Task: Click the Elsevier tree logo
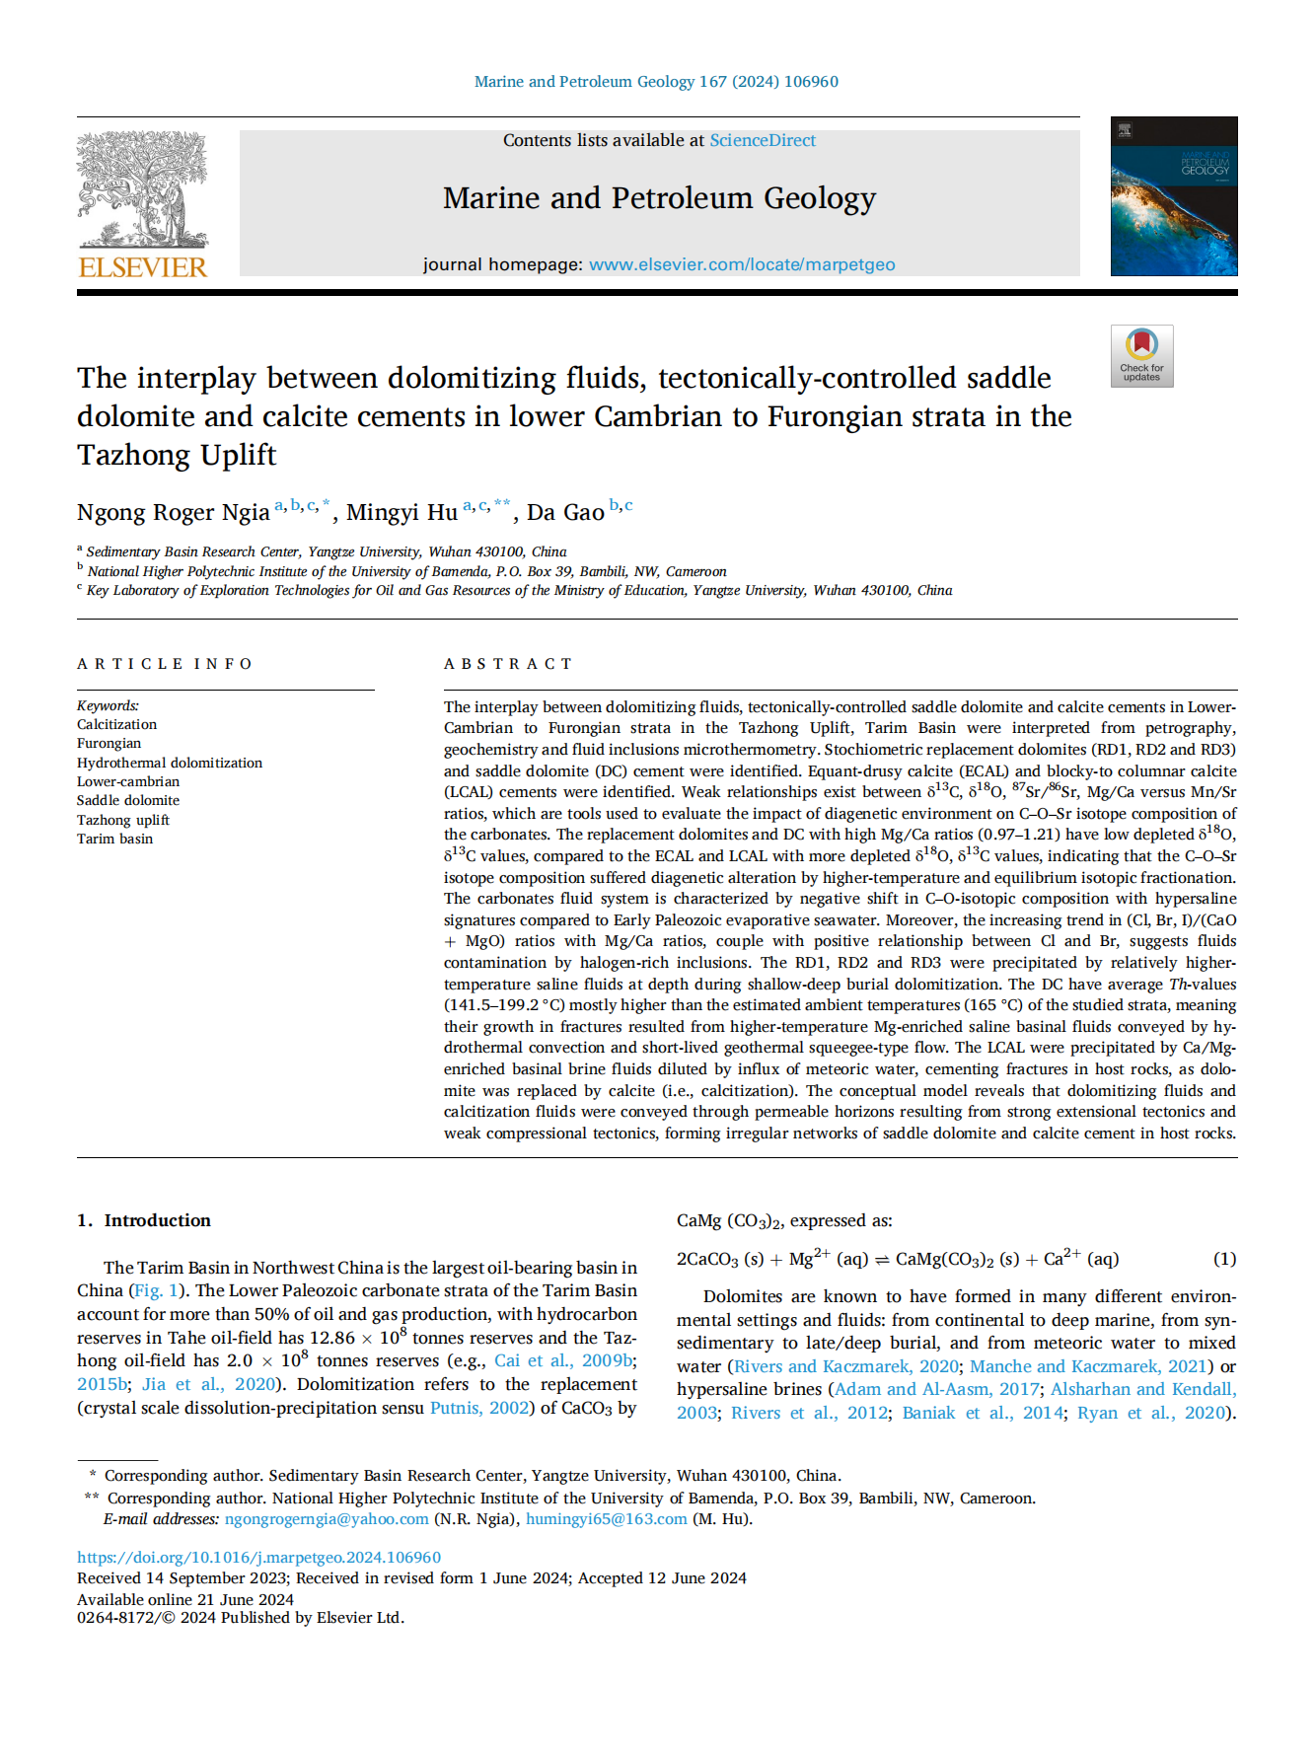point(143,190)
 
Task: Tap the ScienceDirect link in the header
point(763,141)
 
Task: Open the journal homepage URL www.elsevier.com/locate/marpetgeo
point(742,264)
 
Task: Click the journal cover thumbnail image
point(1173,196)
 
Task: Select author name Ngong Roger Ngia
point(174,513)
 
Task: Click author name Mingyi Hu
point(402,513)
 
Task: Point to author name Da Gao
point(565,513)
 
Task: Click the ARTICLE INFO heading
point(165,664)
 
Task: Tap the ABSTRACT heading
point(508,664)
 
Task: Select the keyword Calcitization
point(117,724)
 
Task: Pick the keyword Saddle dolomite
point(128,800)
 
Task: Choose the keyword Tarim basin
point(115,839)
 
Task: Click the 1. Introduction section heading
point(144,1220)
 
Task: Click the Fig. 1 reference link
point(156,1290)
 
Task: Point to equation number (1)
point(1224,1259)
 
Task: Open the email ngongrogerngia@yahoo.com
point(327,1519)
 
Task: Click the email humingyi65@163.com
point(607,1519)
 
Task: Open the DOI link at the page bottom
point(259,1558)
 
